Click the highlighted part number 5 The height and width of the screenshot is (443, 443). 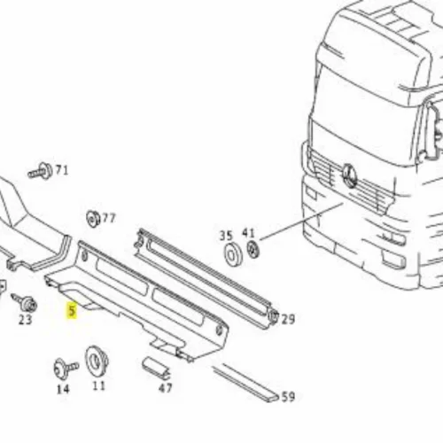(x=72, y=311)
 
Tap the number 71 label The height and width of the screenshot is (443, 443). (x=62, y=170)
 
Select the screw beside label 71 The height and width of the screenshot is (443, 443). (x=40, y=171)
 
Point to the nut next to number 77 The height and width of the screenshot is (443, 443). (x=93, y=219)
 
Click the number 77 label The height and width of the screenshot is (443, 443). (x=108, y=219)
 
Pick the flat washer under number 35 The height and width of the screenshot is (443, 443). (x=233, y=254)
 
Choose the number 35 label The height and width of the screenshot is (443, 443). (x=226, y=236)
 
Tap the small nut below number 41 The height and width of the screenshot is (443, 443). (x=253, y=249)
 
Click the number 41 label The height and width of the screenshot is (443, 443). (x=248, y=233)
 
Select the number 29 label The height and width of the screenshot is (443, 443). (x=288, y=319)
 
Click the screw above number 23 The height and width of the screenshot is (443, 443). (x=24, y=302)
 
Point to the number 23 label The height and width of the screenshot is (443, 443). (x=25, y=320)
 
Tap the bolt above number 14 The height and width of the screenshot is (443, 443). (x=66, y=369)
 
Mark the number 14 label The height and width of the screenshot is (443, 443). (x=63, y=389)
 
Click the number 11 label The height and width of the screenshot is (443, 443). (x=98, y=385)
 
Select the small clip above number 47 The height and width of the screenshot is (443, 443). (x=157, y=369)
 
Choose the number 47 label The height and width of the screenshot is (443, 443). (x=165, y=388)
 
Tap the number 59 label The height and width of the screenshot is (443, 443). (x=288, y=397)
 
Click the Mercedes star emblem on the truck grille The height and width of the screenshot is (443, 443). (x=350, y=176)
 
